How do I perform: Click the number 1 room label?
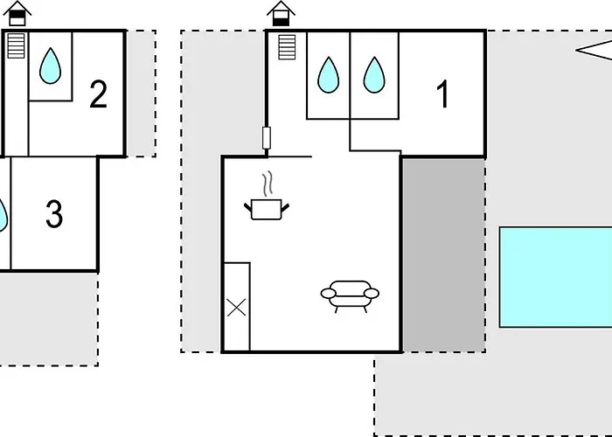pyautogui.click(x=443, y=94)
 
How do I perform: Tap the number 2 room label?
pyautogui.click(x=98, y=94)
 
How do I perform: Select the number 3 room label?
pyautogui.click(x=54, y=214)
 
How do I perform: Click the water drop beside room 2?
pyautogui.click(x=51, y=65)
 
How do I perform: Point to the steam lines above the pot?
pyautogui.click(x=269, y=183)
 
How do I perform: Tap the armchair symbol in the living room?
pyautogui.click(x=350, y=295)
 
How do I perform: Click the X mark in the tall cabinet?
pyautogui.click(x=236, y=307)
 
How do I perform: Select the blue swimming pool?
pyautogui.click(x=555, y=277)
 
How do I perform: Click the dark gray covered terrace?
pyautogui.click(x=443, y=253)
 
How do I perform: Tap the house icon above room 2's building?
pyautogui.click(x=19, y=12)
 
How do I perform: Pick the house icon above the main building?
pyautogui.click(x=281, y=13)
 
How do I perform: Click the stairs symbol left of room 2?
pyautogui.click(x=16, y=45)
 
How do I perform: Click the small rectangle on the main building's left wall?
pyautogui.click(x=267, y=138)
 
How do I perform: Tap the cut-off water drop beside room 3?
pyautogui.click(x=3, y=215)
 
